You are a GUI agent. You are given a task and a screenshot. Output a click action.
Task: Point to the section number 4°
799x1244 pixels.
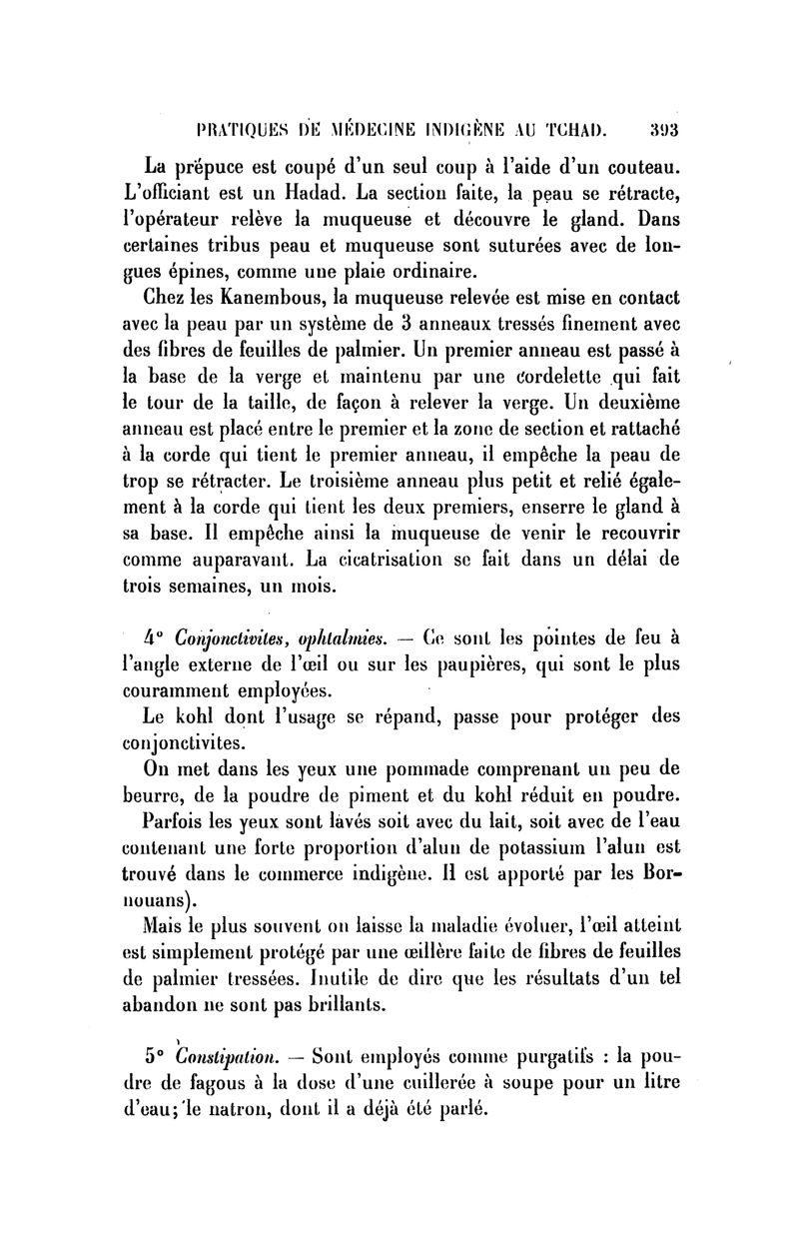click(x=154, y=638)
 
